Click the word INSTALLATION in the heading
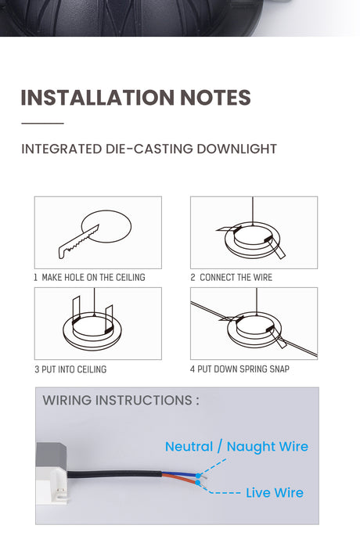point(98,98)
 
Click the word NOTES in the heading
point(215,98)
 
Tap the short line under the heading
point(42,124)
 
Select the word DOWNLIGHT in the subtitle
point(236,149)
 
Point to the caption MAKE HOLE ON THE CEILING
point(94,277)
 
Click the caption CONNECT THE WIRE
point(236,277)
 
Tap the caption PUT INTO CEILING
point(74,369)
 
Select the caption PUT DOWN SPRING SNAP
point(243,369)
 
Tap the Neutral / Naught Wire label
point(236,447)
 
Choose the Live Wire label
point(275,492)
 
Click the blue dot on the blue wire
point(198,476)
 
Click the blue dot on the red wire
point(198,482)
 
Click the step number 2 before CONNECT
point(193,277)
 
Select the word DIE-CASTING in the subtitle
point(149,149)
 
